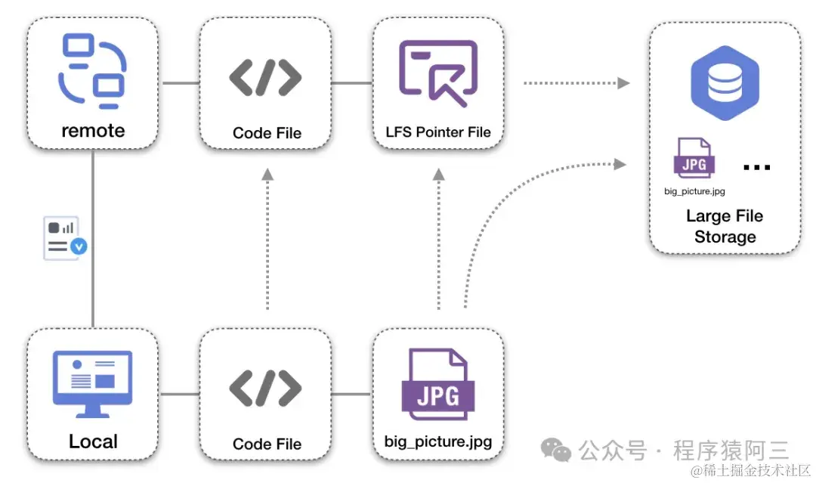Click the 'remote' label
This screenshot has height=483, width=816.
pyautogui.click(x=93, y=130)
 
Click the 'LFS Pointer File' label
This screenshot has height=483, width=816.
pyautogui.click(x=438, y=132)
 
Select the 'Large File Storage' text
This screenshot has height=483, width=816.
pyautogui.click(x=725, y=226)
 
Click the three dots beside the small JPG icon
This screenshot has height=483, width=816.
pyautogui.click(x=756, y=167)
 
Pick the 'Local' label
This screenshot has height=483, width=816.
pyautogui.click(x=93, y=441)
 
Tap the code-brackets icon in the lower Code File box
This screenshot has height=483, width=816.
pyautogui.click(x=266, y=388)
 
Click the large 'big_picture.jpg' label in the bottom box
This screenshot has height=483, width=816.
pyautogui.click(x=438, y=441)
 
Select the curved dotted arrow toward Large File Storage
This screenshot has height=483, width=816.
pyautogui.click(x=514, y=204)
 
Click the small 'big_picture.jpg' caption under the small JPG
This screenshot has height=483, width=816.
pyautogui.click(x=694, y=191)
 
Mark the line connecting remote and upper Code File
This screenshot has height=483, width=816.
pyautogui.click(x=180, y=82)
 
